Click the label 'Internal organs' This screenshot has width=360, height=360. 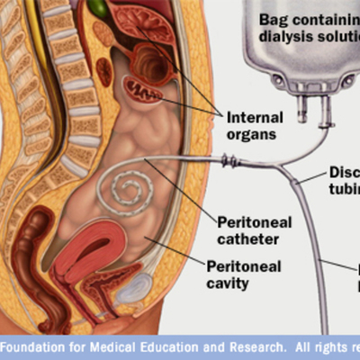click(253, 126)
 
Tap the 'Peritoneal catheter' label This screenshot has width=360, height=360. click(248, 230)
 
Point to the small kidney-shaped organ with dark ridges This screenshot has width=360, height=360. click(139, 87)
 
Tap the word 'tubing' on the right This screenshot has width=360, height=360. click(343, 190)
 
